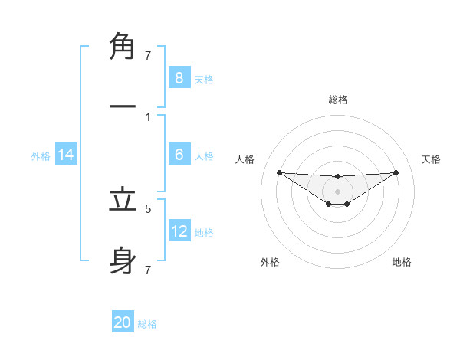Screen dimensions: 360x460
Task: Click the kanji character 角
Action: click(123, 47)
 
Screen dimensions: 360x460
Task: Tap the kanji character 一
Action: click(123, 106)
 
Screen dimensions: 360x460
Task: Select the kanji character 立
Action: click(123, 201)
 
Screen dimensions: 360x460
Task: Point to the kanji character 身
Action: click(123, 261)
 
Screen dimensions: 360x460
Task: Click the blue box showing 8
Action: click(179, 77)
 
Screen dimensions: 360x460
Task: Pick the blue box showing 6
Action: click(179, 154)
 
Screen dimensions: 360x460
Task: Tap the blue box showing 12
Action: click(179, 231)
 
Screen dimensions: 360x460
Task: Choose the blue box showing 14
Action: click(66, 155)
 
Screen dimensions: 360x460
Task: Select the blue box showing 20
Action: click(123, 322)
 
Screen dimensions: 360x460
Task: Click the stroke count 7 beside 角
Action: click(148, 55)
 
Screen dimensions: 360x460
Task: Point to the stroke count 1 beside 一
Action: click(148, 117)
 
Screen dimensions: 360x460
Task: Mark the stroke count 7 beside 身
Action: click(148, 270)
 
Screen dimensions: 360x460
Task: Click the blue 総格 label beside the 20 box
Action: click(147, 324)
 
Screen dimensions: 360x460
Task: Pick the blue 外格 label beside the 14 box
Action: click(41, 156)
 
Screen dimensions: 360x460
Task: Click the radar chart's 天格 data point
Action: click(396, 172)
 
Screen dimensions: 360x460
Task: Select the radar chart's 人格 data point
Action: click(279, 172)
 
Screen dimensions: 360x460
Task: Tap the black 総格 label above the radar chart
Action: click(337, 100)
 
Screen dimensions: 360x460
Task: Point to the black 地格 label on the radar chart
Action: click(402, 262)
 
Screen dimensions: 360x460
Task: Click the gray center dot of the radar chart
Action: click(337, 191)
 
